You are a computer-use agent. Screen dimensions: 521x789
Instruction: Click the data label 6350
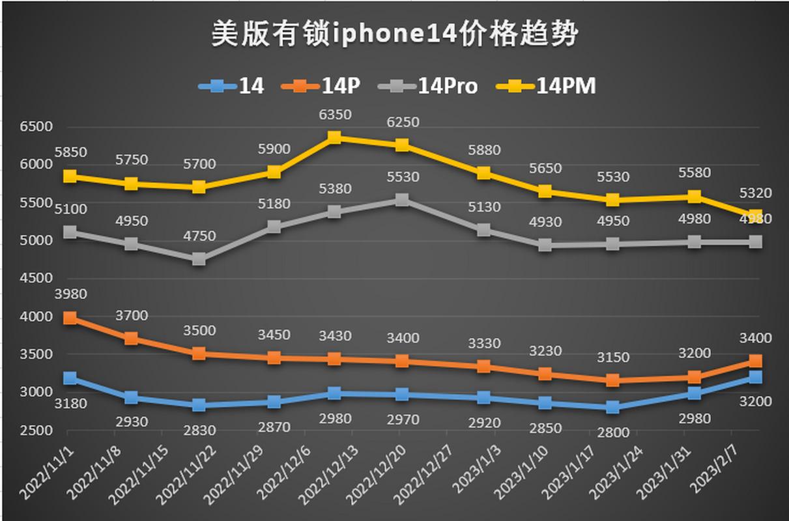(x=334, y=115)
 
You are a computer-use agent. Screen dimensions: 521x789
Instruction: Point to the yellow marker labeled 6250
(x=402, y=145)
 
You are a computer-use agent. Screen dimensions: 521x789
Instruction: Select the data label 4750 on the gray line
(x=199, y=236)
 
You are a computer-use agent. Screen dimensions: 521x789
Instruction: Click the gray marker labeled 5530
(x=402, y=200)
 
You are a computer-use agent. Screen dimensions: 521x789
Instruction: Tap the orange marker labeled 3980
(x=70, y=318)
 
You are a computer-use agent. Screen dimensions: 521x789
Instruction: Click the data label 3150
(x=613, y=358)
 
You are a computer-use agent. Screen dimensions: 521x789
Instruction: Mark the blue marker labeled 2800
(x=613, y=407)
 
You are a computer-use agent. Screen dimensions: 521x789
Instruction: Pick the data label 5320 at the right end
(x=755, y=193)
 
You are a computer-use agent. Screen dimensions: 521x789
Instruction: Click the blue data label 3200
(x=755, y=402)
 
